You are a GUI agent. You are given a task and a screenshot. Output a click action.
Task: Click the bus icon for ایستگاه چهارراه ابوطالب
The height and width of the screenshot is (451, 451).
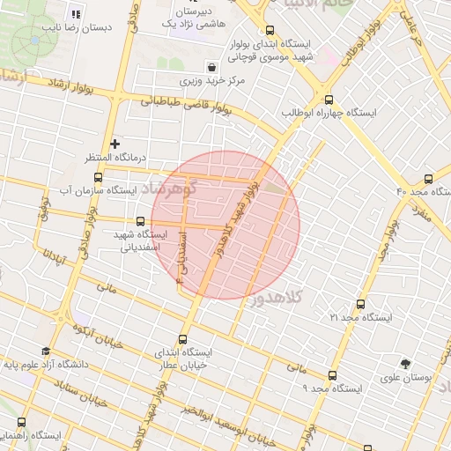pyautogui.click(x=329, y=100)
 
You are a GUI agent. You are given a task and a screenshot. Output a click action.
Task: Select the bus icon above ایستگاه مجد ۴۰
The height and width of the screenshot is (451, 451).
pyautogui.click(x=428, y=178)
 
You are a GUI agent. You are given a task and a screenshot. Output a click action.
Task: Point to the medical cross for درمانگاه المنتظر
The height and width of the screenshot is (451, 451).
pyautogui.click(x=115, y=143)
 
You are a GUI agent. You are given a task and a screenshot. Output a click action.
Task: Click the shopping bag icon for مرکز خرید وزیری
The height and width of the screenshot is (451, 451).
pyautogui.click(x=211, y=67)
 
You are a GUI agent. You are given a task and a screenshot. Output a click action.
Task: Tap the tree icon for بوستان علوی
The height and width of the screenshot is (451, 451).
pyautogui.click(x=405, y=364)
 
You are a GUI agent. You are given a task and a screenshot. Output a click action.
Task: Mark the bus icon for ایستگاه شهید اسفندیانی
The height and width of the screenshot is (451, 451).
pyautogui.click(x=141, y=222)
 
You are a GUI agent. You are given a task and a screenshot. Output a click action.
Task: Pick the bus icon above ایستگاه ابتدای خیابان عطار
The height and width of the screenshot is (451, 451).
pyautogui.click(x=183, y=339)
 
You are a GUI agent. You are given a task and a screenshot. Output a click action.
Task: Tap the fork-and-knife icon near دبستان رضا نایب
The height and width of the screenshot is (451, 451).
pyautogui.click(x=75, y=14)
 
